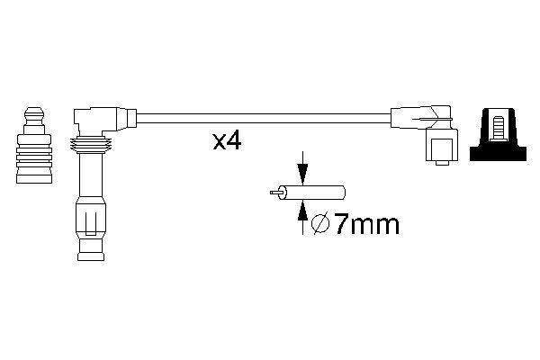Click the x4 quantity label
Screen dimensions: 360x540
pos(226,142)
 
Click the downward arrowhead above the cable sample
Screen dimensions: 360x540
pos(302,176)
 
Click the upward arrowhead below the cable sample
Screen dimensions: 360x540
pos(302,209)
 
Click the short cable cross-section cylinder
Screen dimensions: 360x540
pos(316,193)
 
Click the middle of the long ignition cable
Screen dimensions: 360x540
pos(261,118)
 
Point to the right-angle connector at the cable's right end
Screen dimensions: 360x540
pos(423,119)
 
